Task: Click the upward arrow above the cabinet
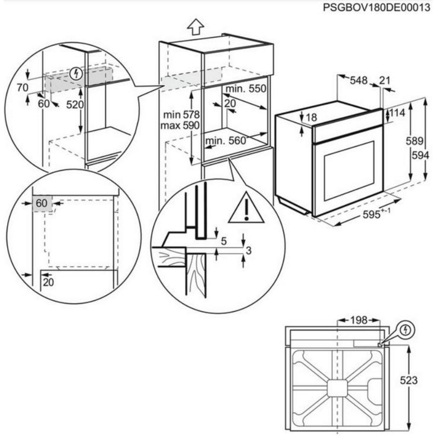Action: [196, 27]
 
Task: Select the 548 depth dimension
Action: [359, 80]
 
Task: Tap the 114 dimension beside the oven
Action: [397, 113]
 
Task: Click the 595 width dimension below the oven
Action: [374, 214]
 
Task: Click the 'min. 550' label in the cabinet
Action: [246, 89]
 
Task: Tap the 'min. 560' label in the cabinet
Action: [225, 141]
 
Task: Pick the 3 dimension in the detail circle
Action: [249, 250]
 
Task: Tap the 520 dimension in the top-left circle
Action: [75, 105]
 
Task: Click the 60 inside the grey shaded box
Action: [42, 203]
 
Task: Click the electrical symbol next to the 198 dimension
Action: [405, 330]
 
